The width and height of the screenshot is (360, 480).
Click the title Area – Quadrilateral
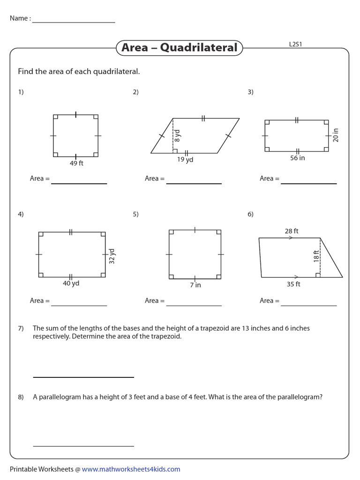[179, 48]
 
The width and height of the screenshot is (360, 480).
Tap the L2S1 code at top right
[298, 45]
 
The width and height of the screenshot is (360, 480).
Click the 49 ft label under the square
[76, 163]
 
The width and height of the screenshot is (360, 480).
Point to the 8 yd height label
[178, 135]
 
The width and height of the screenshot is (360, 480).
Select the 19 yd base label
[185, 159]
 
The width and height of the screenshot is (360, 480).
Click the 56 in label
[297, 158]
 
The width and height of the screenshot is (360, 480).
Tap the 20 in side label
[335, 135]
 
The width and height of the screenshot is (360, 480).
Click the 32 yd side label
[112, 256]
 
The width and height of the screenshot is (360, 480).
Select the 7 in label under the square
[195, 285]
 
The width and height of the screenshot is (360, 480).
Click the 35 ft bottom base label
[293, 284]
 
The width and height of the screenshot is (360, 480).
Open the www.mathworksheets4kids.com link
[131, 469]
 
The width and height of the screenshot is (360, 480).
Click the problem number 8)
[21, 397]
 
